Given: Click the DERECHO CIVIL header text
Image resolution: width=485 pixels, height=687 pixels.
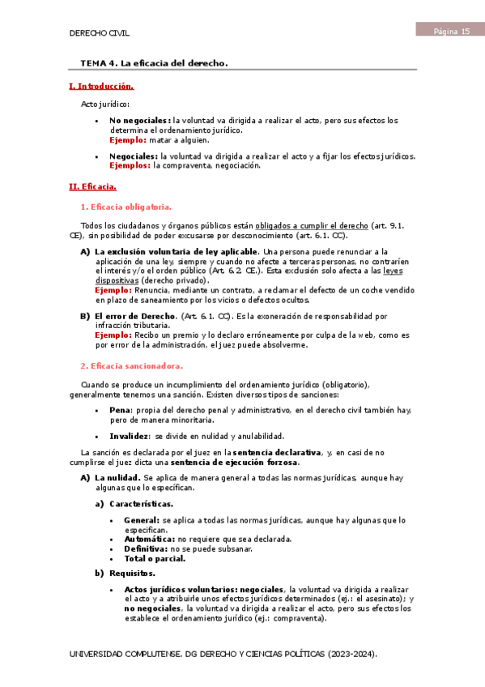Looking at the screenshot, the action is coord(101,32).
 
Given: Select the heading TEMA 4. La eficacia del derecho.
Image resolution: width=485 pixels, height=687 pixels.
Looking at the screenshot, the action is coord(154,62).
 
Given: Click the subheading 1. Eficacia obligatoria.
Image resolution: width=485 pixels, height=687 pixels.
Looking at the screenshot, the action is coord(126,207).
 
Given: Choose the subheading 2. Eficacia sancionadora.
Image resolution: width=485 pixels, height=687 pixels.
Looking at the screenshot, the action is coord(132,365).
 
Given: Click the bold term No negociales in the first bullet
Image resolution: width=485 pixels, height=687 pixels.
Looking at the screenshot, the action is coord(140,121).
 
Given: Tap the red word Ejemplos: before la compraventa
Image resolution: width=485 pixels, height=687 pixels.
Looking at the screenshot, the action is coord(130,164).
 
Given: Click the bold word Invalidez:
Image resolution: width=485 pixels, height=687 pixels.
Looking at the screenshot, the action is coord(130,435).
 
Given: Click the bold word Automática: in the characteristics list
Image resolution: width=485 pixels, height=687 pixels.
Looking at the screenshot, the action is coord(149,539).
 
